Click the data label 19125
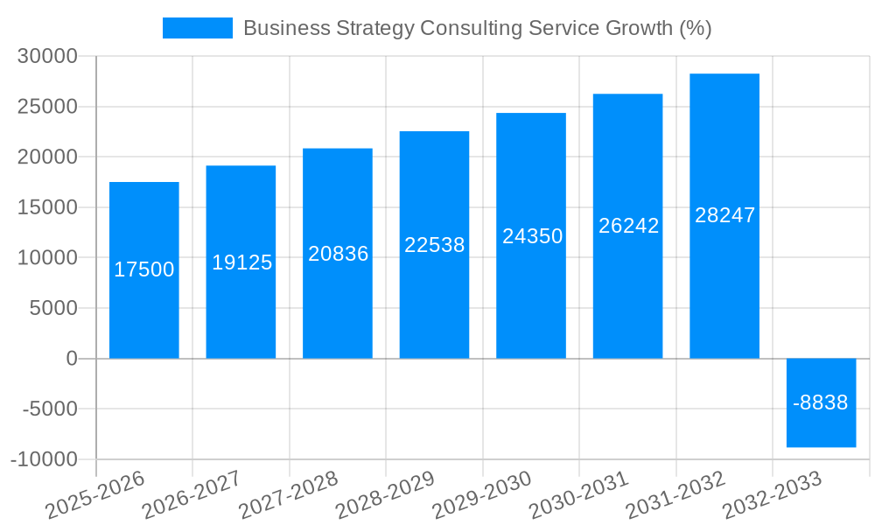pyautogui.click(x=242, y=262)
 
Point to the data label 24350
pyautogui.click(x=532, y=236)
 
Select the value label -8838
pyautogui.click(x=821, y=403)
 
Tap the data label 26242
pyautogui.click(x=628, y=226)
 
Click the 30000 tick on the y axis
pyautogui.click(x=48, y=57)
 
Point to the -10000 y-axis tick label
pyautogui.click(x=45, y=460)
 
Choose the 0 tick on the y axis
pyautogui.click(x=72, y=359)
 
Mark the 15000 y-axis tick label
pyautogui.click(x=48, y=208)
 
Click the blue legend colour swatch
pyautogui.click(x=197, y=28)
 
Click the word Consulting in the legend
pyautogui.click(x=471, y=28)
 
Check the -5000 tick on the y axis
pyautogui.click(x=48, y=409)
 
